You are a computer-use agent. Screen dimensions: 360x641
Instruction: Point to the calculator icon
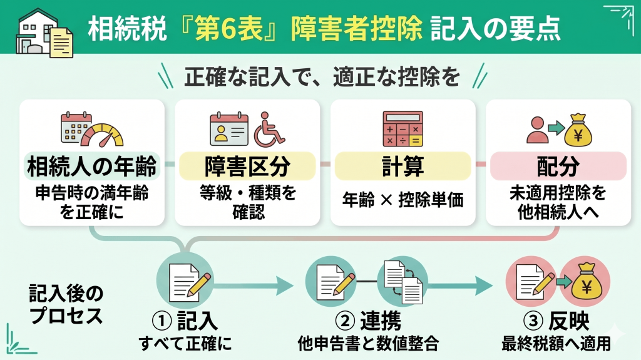point(403,129)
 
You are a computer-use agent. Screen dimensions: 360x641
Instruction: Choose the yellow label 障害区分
point(247,167)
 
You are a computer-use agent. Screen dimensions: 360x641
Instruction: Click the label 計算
point(403,167)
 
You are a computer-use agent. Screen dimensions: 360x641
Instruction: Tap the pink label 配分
point(557,167)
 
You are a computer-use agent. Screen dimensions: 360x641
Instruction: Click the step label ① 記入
point(185,321)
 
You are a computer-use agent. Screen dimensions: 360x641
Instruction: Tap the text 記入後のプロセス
point(66,304)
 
